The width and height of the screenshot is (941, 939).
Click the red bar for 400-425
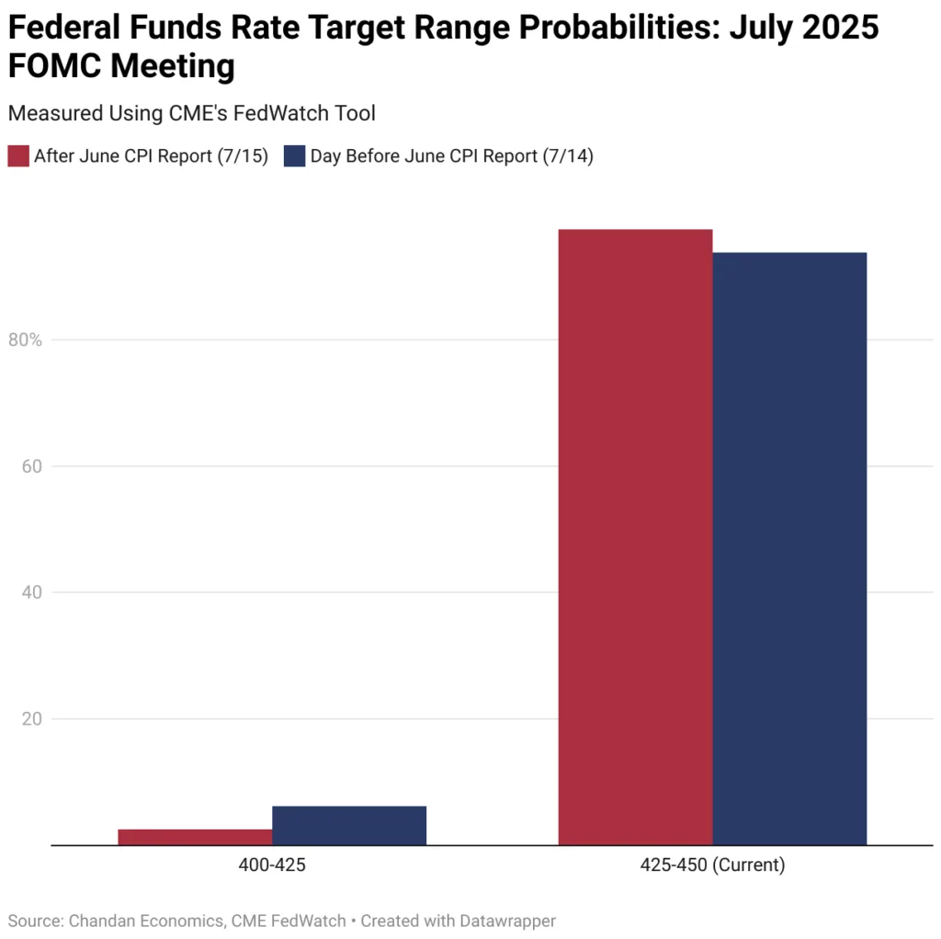[x=195, y=837]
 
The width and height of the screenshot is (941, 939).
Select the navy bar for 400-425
[x=349, y=825]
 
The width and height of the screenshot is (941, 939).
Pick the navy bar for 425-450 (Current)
[x=789, y=548]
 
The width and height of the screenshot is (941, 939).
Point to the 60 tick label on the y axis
[x=32, y=466]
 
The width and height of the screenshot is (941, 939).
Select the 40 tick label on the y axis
[x=32, y=592]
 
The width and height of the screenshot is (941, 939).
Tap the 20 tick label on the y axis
[x=32, y=718]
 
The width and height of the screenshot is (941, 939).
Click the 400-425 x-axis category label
[x=272, y=865]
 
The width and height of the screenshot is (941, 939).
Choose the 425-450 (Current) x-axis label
[x=712, y=865]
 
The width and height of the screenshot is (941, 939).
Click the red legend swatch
[x=18, y=155]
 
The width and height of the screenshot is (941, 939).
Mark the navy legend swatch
[x=294, y=155]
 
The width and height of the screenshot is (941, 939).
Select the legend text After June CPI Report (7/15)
[x=151, y=156]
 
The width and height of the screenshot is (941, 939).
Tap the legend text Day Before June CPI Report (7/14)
[x=451, y=156]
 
